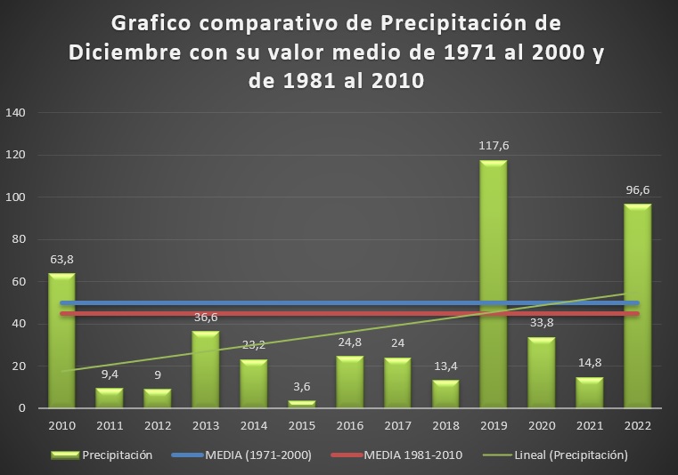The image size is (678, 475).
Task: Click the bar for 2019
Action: [x=494, y=285]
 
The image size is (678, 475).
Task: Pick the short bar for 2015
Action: [x=301, y=404]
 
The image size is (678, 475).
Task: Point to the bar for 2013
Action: [x=205, y=369]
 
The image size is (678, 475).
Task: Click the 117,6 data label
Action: [x=494, y=145]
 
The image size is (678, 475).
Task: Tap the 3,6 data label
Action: [x=301, y=386]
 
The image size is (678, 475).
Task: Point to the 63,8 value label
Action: [x=61, y=259]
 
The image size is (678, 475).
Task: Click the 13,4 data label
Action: [x=445, y=366]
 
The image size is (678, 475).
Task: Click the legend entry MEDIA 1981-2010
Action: [x=402, y=455]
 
